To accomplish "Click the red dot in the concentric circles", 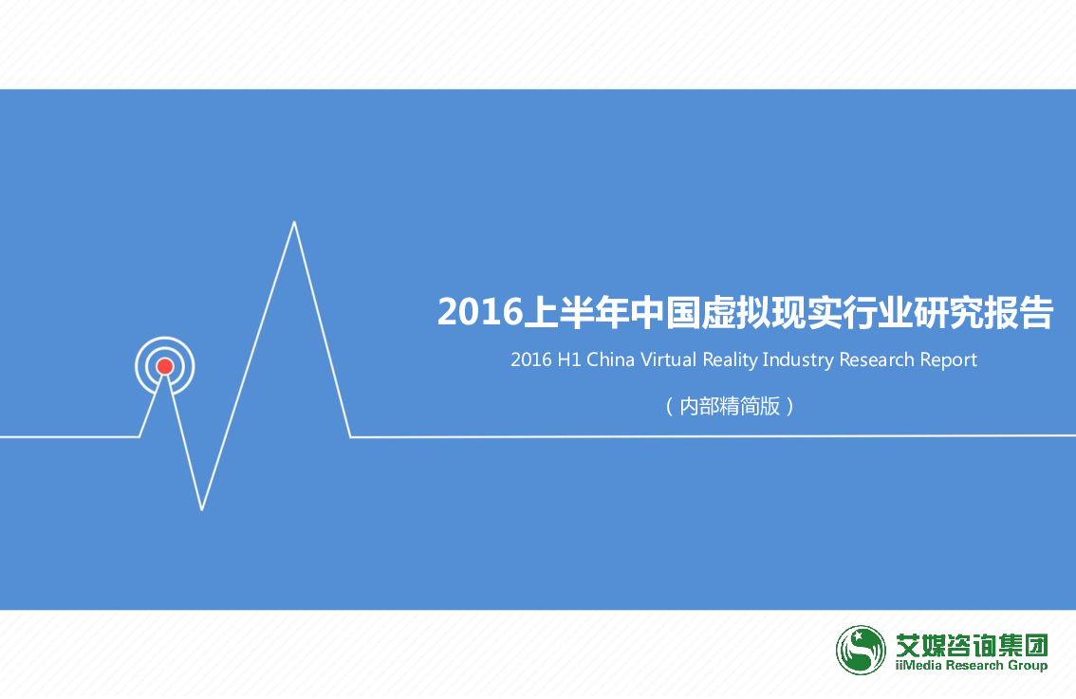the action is tap(165, 366).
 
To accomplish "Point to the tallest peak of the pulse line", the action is tap(294, 222).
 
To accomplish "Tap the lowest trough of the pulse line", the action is tap(202, 509).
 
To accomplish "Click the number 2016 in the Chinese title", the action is tap(480, 312).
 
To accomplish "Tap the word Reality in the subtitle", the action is tap(731, 360).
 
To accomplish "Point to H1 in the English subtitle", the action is tap(569, 359).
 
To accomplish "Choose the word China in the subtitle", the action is tap(610, 359).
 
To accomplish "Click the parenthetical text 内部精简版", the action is tap(730, 406).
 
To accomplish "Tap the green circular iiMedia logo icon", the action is tap(861, 650).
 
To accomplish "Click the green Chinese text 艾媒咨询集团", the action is tap(972, 645).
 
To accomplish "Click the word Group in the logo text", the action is tap(1028, 666).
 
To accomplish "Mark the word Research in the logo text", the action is tap(974, 665).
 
